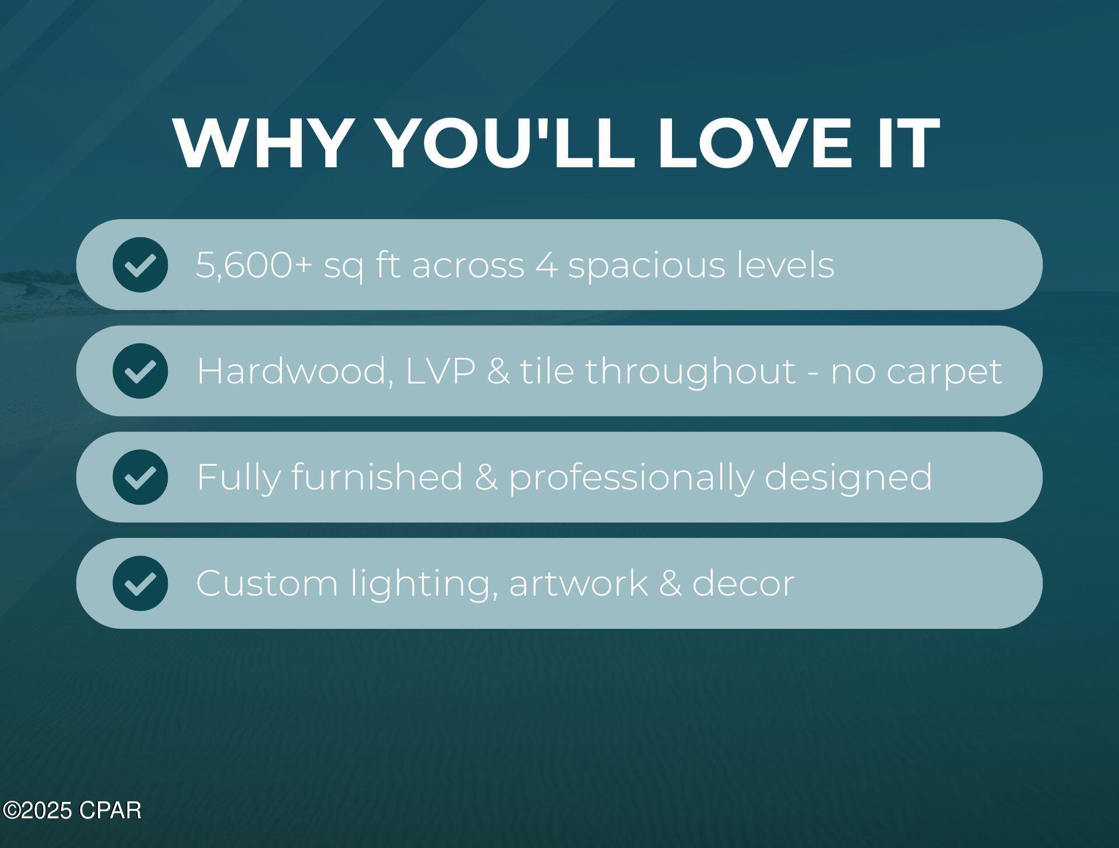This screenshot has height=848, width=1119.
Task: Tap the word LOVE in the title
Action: coord(754,143)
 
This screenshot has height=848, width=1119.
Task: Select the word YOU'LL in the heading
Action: coord(506,143)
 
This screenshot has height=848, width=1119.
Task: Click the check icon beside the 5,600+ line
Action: coord(140,265)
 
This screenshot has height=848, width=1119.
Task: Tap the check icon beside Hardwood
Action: coord(140,371)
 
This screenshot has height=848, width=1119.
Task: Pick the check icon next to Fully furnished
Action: coord(140,477)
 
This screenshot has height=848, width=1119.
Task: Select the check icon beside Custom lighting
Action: coord(140,583)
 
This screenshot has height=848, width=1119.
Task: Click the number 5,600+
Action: coord(254,266)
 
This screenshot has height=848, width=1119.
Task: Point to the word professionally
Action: coord(631,478)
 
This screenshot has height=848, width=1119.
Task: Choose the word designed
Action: coord(848,478)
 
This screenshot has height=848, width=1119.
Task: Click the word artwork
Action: coord(578,583)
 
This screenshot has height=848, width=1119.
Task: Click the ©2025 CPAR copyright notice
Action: coord(72,811)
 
